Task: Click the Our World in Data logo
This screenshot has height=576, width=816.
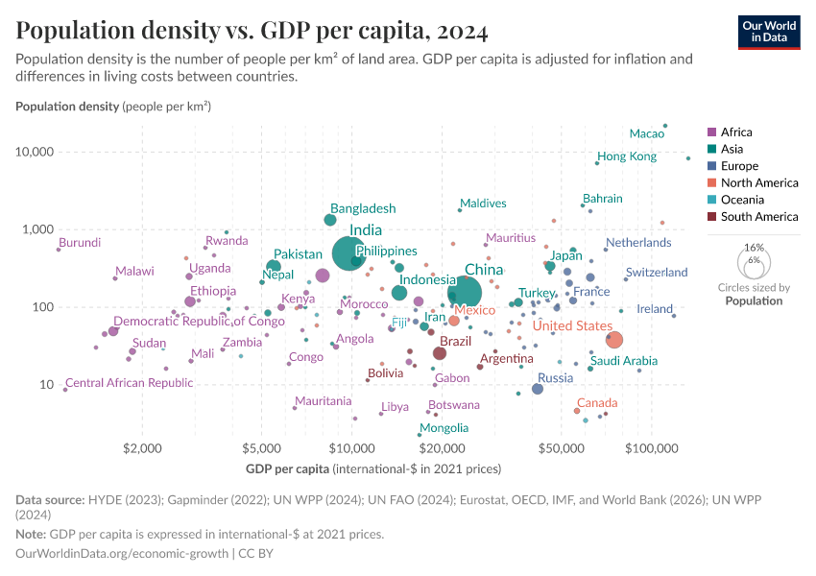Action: click(x=769, y=32)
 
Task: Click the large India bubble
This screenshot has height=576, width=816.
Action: click(x=348, y=253)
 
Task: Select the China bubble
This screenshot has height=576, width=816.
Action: click(x=465, y=292)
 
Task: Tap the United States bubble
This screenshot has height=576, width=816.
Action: click(x=614, y=340)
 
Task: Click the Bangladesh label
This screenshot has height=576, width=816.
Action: click(x=363, y=208)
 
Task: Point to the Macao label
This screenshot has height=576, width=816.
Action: click(x=647, y=133)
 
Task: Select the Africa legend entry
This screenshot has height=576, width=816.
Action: click(x=736, y=132)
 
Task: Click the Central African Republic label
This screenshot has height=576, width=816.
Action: click(x=130, y=383)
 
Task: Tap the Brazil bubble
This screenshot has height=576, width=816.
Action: click(x=440, y=353)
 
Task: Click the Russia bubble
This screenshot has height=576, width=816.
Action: click(x=538, y=389)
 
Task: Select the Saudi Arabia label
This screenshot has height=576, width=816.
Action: click(x=624, y=361)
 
